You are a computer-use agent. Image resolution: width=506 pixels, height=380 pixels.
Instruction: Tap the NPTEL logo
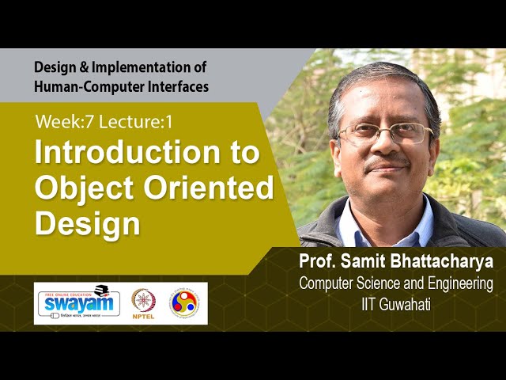(x=143, y=303)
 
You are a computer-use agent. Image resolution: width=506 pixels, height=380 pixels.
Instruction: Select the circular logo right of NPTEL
(x=184, y=303)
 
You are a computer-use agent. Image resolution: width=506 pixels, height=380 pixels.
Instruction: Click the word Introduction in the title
(x=147, y=153)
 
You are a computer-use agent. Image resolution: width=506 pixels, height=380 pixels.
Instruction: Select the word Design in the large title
(x=87, y=223)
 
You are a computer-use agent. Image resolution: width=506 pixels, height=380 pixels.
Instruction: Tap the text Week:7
(x=62, y=122)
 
